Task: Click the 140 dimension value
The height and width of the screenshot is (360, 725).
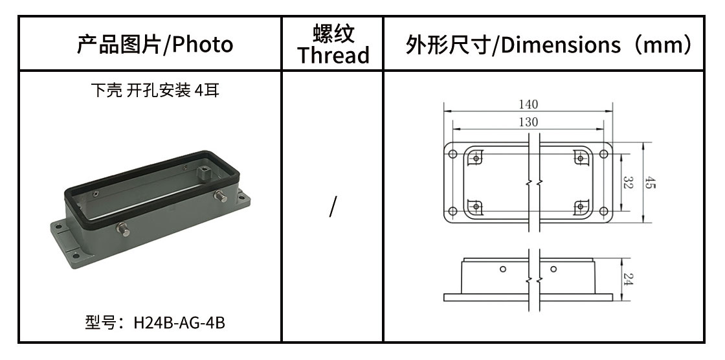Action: pos(528,105)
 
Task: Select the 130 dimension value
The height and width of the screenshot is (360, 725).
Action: pos(528,122)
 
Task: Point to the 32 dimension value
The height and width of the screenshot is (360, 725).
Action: pos(627,183)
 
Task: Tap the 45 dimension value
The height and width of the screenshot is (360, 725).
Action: pos(650,183)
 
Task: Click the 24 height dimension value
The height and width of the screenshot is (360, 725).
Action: pos(627,279)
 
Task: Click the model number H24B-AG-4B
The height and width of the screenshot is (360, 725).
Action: pos(179,322)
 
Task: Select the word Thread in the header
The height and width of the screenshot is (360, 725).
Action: pos(333,55)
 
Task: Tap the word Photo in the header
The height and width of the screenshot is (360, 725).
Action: pos(203,45)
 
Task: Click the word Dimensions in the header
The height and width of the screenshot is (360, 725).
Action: pos(560,45)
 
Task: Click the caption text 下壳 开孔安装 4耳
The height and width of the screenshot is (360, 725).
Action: pos(155,90)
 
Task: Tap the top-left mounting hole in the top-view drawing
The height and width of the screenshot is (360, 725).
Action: pos(452,154)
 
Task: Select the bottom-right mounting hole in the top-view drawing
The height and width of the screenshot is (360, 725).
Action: pos(603,212)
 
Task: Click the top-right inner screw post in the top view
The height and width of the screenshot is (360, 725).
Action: pos(580,159)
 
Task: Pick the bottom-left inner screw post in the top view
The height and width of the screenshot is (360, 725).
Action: pos(476,207)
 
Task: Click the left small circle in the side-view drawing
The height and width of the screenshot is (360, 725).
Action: pos(503,269)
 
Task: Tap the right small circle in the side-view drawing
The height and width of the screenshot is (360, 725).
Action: pos(553,269)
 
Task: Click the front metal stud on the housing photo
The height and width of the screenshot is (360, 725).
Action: pos(123,229)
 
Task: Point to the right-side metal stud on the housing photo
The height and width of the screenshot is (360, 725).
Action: pos(221,196)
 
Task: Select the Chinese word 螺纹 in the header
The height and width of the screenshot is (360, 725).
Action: pos(333,33)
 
